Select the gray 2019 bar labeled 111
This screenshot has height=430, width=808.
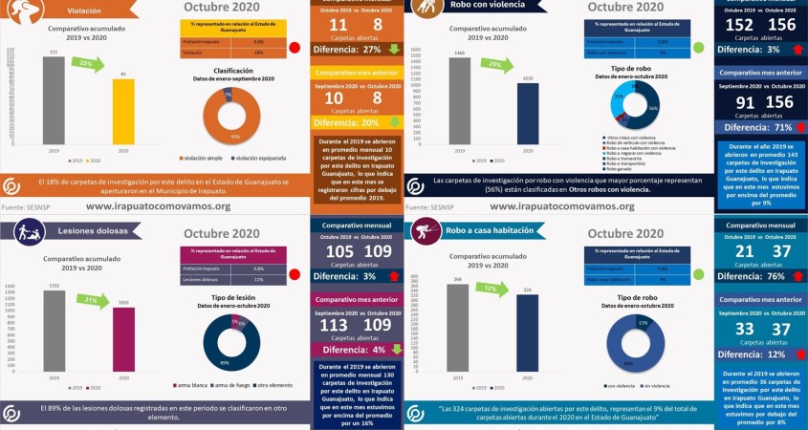click(x=54, y=99)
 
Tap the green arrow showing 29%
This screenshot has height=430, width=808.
click(x=494, y=64)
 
